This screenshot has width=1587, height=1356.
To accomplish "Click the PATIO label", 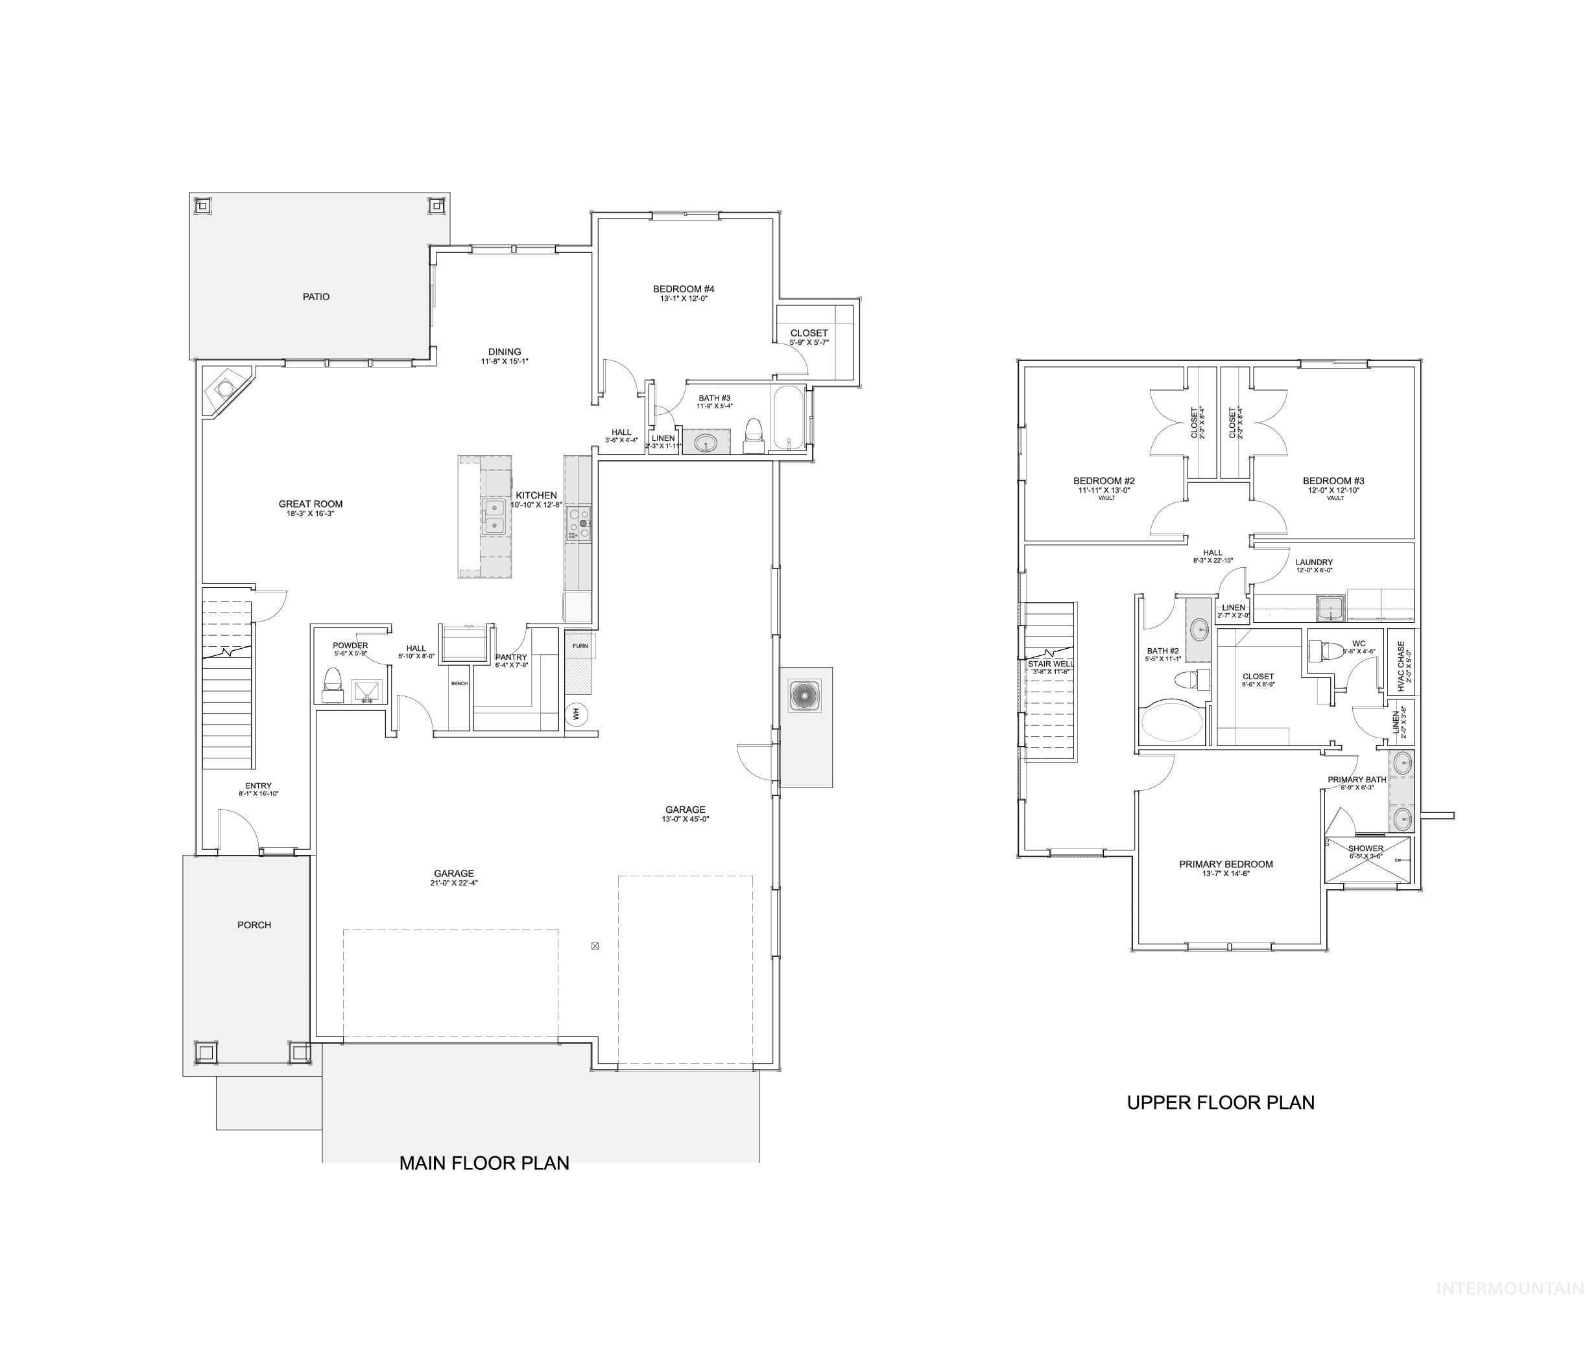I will coord(316,296).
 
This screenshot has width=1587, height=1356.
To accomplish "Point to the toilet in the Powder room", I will coord(333,684).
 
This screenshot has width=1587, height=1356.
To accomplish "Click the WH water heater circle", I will coord(575,714).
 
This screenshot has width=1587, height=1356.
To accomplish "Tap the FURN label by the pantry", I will coord(580,646).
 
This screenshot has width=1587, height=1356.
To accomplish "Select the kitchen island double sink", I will coord(494,515).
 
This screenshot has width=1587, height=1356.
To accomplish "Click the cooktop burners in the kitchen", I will coord(579,524).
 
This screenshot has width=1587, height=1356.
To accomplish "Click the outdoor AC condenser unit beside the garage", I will coord(805,696).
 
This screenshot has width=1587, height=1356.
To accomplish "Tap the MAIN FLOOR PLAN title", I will coord(484,1163).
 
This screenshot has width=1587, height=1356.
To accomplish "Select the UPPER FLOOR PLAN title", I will coord(1220,1103).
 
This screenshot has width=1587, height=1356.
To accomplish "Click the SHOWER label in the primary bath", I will coord(1366,848).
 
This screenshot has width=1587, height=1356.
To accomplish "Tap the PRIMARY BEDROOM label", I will coord(1226,863).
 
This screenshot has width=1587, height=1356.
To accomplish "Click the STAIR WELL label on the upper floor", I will coord(1050,664).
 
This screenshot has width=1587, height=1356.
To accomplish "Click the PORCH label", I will coord(254,925).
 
